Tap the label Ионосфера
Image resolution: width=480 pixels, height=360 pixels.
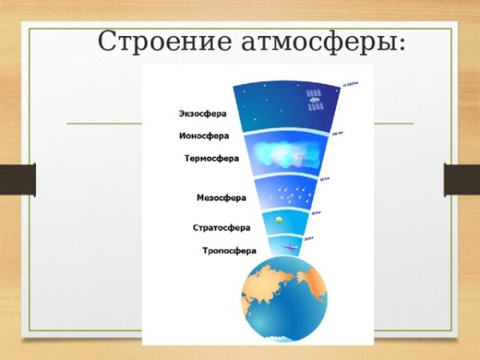click(x=202, y=135)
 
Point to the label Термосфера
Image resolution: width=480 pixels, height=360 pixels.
click(x=211, y=158)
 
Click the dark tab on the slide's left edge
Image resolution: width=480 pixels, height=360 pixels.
click(x=18, y=179)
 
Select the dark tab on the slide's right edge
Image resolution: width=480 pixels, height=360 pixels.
click(x=462, y=179)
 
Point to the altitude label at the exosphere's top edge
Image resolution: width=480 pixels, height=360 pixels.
click(x=350, y=82)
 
